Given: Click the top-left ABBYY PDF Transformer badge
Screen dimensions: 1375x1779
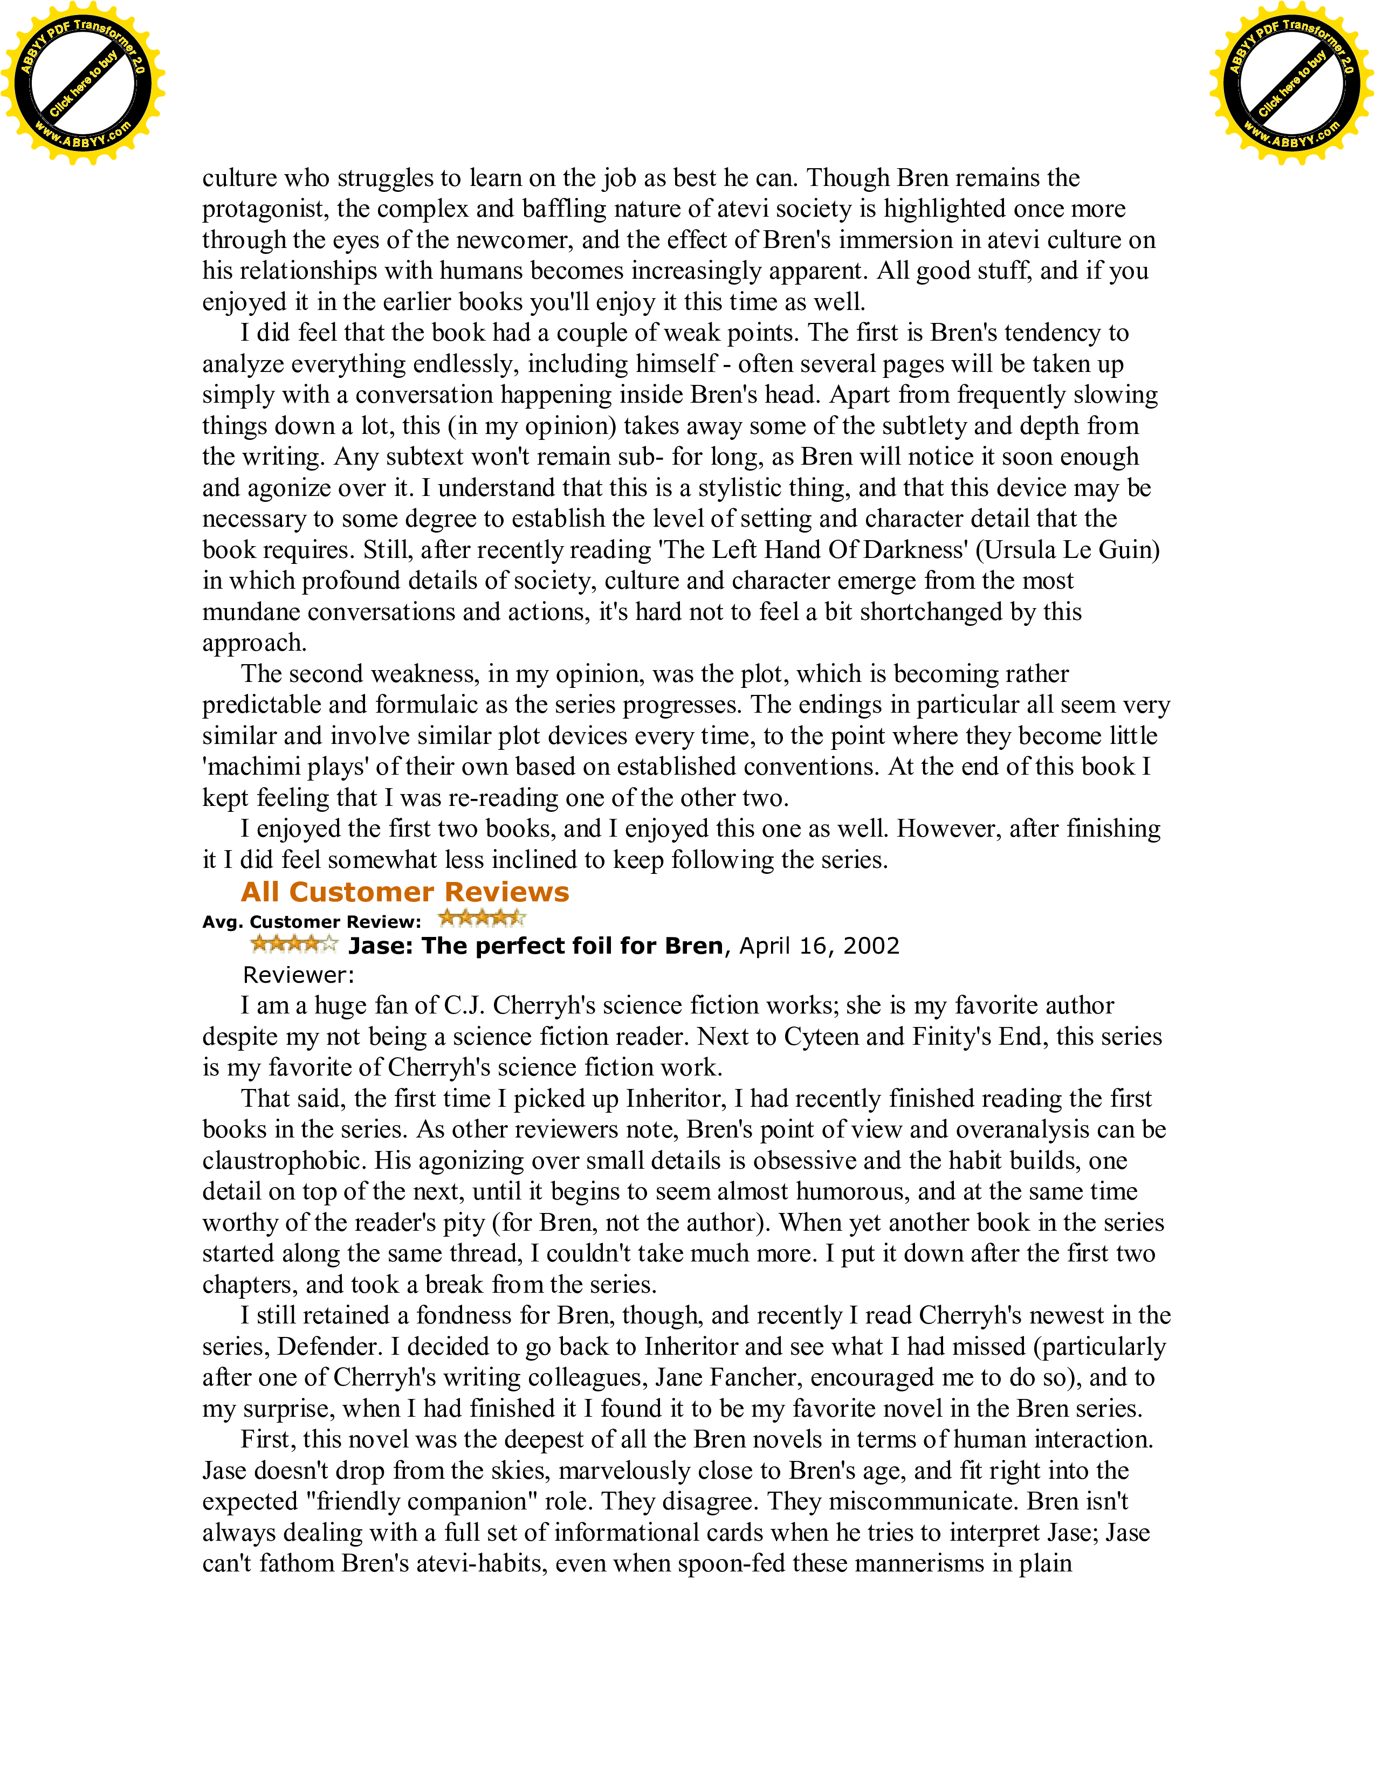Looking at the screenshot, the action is click(x=82, y=83).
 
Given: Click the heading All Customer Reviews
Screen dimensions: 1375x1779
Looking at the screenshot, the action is click(x=405, y=892).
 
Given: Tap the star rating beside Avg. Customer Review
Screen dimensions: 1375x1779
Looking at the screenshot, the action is click(x=482, y=919).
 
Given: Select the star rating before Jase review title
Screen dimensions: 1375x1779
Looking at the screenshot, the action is click(x=294, y=944).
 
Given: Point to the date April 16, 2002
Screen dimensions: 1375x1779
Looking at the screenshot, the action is click(x=819, y=946).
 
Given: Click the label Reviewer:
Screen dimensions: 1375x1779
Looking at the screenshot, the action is click(x=298, y=975).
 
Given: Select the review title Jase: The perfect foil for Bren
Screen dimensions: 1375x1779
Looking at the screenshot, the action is click(x=536, y=946).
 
